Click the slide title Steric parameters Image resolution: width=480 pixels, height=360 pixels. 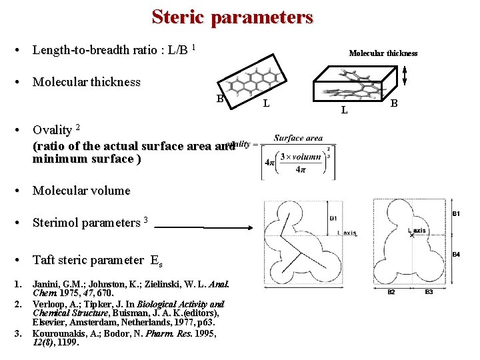pyautogui.click(x=232, y=17)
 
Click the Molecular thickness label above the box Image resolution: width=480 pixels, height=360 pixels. pyautogui.click(x=383, y=53)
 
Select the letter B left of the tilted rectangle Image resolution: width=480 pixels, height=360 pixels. pyautogui.click(x=220, y=99)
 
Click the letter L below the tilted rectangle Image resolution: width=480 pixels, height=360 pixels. pyautogui.click(x=266, y=103)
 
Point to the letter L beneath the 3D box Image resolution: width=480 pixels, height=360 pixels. pyautogui.click(x=344, y=109)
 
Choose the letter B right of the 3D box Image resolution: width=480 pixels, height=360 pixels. pyautogui.click(x=393, y=103)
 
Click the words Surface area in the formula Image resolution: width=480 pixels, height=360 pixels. pyautogui.click(x=297, y=139)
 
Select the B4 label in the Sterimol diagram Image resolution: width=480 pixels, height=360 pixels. pyautogui.click(x=456, y=255)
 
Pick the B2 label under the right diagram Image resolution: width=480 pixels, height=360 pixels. pyautogui.click(x=391, y=292)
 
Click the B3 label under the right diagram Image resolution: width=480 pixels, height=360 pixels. pyautogui.click(x=429, y=292)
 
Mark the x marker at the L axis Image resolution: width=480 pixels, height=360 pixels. pyautogui.click(x=412, y=235)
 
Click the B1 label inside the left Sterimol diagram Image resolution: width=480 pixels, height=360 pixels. pyautogui.click(x=333, y=218)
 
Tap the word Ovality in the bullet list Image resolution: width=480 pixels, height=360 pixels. pyautogui.click(x=52, y=129)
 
